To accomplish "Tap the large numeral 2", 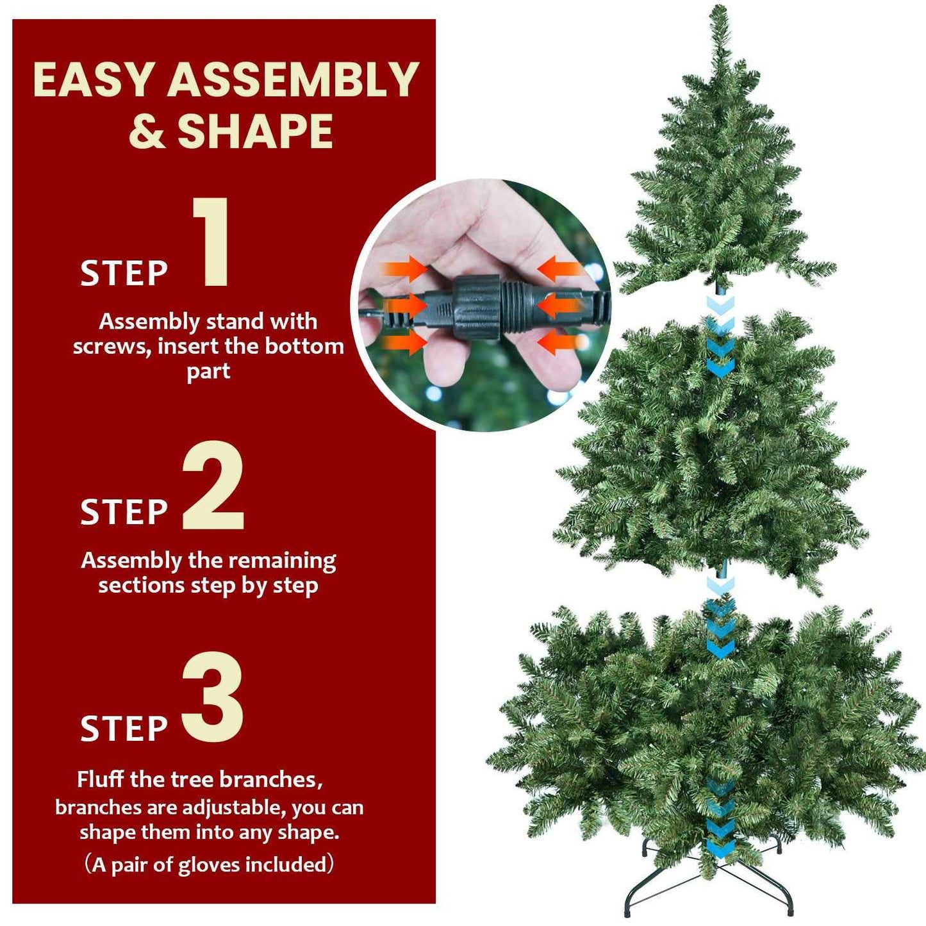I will [x=213, y=487].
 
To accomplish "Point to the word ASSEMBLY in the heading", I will [x=293, y=81].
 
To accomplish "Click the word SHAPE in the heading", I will [x=255, y=132].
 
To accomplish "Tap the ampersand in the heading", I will [x=146, y=132].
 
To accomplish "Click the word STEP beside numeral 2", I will [x=124, y=512].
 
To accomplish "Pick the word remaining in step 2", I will [x=282, y=561].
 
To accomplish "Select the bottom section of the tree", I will [x=705, y=724].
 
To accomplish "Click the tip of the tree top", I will [x=720, y=9].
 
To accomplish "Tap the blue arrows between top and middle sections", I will [x=721, y=336].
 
